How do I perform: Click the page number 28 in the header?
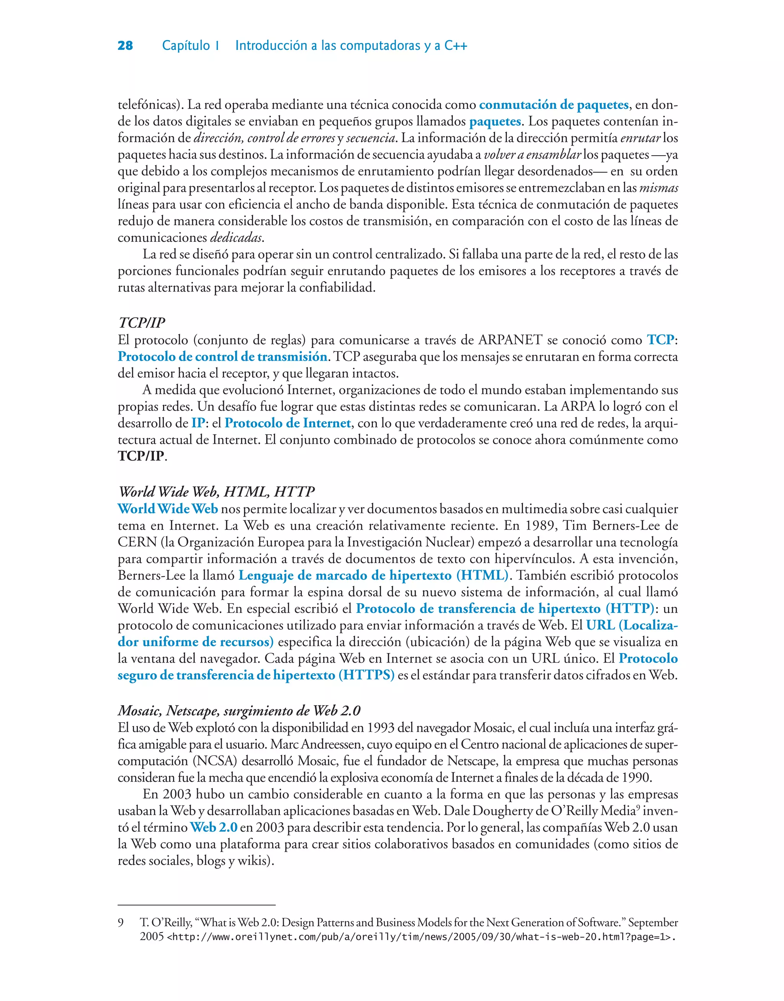click(125, 46)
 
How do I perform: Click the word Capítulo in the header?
click(186, 46)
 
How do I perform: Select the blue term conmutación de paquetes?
click(554, 105)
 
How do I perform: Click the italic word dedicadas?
click(237, 238)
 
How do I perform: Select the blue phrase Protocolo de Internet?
click(288, 423)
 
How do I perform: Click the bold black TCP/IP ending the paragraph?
click(141, 456)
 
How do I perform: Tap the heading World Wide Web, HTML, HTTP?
click(216, 492)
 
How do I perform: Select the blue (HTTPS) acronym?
click(366, 675)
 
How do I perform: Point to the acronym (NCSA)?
click(215, 761)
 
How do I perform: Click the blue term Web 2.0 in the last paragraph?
click(214, 827)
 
